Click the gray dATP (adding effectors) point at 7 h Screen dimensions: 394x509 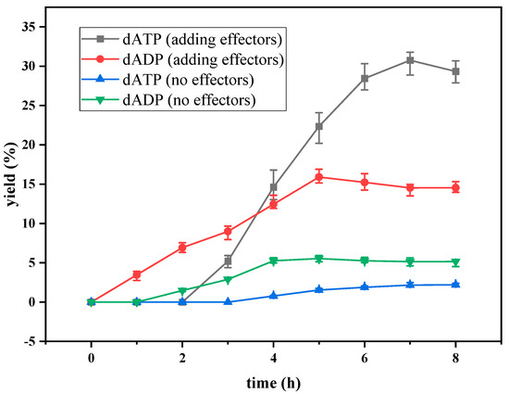(410, 60)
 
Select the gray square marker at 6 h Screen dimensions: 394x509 (365, 78)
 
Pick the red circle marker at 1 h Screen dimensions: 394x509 (137, 274)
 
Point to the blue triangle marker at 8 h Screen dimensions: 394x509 (455, 285)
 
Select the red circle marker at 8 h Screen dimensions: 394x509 (455, 188)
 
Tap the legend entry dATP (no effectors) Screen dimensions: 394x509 (185, 81)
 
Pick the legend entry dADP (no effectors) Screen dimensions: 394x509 (185, 99)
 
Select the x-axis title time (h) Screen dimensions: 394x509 (273, 381)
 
